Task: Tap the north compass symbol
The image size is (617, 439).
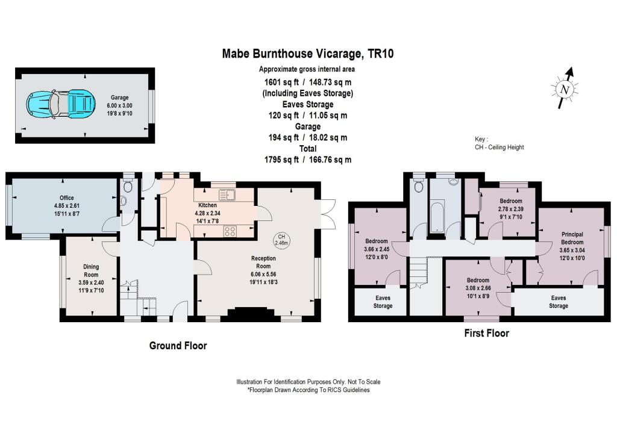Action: (564, 89)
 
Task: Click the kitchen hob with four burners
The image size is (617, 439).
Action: (230, 231)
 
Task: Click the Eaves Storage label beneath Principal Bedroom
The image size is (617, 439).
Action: (558, 302)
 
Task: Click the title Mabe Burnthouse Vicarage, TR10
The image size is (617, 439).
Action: (308, 54)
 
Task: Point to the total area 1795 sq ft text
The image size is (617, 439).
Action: (308, 160)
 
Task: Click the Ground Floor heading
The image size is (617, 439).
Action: (178, 346)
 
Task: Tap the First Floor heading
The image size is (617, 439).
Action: (486, 333)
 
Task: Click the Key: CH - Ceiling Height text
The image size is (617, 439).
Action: (499, 143)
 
